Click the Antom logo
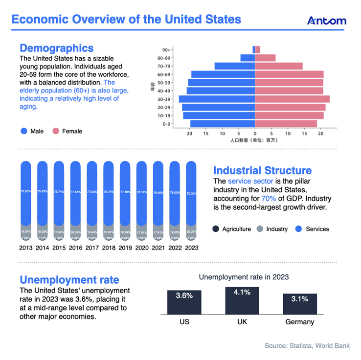pyautogui.click(x=326, y=21)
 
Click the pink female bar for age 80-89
pyautogui.click(x=265, y=58)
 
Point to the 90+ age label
pyautogui.click(x=166, y=50)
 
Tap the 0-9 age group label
pyautogui.click(x=166, y=124)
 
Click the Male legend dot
pyautogui.click(x=23, y=131)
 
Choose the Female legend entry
pyautogui.click(x=68, y=131)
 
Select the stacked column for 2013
pyautogui.click(x=26, y=201)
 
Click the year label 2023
pyautogui.click(x=191, y=247)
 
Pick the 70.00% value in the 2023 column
pyautogui.click(x=191, y=194)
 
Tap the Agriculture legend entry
pyautogui.click(x=232, y=229)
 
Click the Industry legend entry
pyautogui.click(x=272, y=229)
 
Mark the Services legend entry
pyautogui.click(x=313, y=229)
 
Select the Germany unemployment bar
pyautogui.click(x=299, y=304)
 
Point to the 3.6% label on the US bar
pyautogui.click(x=184, y=295)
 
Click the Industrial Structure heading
pyautogui.click(x=262, y=170)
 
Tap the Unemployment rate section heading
pyautogui.click(x=69, y=280)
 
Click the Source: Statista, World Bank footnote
pyautogui.click(x=307, y=346)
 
